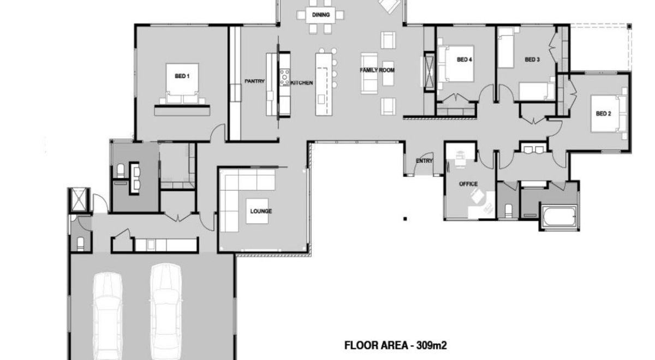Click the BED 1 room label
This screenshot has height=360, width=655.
point(182,76)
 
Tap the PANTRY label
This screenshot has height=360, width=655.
point(254,82)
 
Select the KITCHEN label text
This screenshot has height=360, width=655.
point(302,83)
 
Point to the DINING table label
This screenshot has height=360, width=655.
point(320,15)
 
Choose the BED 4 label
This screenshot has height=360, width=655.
point(464,59)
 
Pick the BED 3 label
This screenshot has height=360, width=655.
point(532,59)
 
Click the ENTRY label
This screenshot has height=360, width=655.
point(424,161)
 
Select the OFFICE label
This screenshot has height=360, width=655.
point(468,184)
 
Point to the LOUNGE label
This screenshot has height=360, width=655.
point(261,211)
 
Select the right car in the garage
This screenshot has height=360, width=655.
point(166,308)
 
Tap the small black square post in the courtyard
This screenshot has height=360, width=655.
point(405,219)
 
